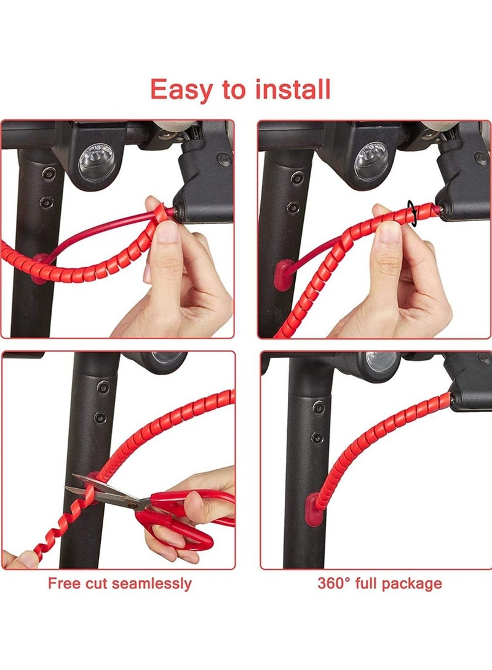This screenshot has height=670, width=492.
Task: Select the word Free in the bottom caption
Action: [x=64, y=583]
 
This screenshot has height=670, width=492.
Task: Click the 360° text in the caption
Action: [x=335, y=583]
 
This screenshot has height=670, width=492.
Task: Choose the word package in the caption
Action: [x=414, y=583]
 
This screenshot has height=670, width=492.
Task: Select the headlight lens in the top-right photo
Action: [x=371, y=161]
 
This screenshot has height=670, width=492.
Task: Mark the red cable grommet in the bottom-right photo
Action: [x=314, y=509]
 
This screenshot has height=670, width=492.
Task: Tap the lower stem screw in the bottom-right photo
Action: [x=317, y=437]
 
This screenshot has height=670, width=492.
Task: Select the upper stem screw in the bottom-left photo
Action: [x=103, y=388]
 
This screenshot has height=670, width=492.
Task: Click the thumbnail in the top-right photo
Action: [x=389, y=232]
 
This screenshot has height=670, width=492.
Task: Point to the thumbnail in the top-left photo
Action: [x=166, y=232]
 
